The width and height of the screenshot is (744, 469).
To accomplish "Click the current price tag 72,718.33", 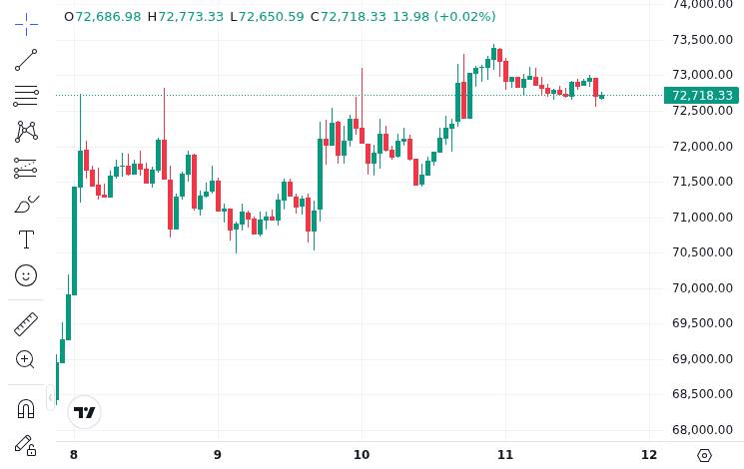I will [702, 96].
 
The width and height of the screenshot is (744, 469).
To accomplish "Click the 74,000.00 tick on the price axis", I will [704, 5].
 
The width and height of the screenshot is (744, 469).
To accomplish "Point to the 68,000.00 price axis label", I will [704, 430].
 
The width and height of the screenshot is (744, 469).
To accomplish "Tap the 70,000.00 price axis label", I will [704, 288].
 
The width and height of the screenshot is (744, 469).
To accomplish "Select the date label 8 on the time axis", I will [74, 455].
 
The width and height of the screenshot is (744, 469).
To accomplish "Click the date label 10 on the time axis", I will [362, 455].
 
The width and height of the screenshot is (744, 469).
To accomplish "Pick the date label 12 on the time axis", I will [649, 455].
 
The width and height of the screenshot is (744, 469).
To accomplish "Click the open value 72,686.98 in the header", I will [108, 17].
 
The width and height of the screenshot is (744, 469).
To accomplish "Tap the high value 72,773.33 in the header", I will [191, 17].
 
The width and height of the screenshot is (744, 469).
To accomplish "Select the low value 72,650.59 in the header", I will [272, 17].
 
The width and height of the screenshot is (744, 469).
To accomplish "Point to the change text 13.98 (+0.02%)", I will [443, 17].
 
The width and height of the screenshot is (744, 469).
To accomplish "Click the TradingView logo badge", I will [85, 412].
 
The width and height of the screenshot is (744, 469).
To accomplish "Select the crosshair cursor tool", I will [26, 24].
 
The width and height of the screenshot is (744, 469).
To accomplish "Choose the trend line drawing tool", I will [26, 61].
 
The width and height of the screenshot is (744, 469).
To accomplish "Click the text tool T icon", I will [26, 239].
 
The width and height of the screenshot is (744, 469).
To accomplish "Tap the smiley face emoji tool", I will [26, 275].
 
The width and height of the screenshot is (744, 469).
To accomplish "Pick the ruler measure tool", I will [26, 324].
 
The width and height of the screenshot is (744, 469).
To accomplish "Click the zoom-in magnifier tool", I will [26, 359].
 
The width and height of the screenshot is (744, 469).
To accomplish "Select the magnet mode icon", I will [26, 408].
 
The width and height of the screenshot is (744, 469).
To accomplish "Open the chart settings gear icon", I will [704, 455].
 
